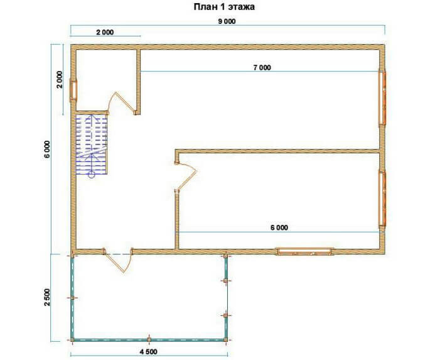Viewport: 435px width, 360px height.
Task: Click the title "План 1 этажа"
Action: pos(224,7)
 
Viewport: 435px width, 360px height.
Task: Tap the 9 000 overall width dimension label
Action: pos(227,21)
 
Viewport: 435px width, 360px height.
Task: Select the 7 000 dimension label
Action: pos(262,67)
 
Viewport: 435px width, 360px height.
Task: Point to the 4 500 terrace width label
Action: pos(148,352)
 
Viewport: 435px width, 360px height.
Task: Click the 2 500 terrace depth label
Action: pos(47,297)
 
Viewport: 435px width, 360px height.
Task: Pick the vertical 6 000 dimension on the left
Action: pos(47,150)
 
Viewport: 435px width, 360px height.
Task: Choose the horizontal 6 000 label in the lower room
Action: pos(279,228)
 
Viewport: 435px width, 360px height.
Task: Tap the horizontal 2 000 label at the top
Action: pos(105,32)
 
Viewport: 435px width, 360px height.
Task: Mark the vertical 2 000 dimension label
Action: pos(60,79)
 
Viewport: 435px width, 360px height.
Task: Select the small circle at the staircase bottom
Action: pos(91,175)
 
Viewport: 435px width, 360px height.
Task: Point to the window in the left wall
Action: pos(74,90)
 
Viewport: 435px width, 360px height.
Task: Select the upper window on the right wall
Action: pos(383,97)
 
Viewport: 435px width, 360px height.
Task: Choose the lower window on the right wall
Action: pos(383,199)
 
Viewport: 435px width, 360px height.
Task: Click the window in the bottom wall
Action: pos(305,252)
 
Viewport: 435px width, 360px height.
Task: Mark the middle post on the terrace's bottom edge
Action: pos(149,339)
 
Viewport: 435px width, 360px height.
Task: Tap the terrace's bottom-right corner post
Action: pos(226,339)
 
